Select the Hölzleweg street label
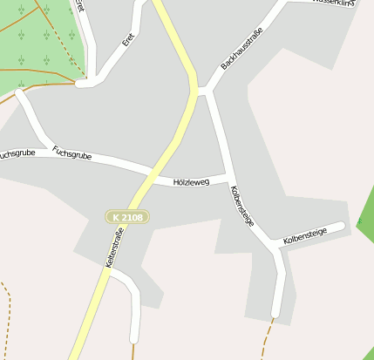click(x=192, y=182)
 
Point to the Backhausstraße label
click(x=241, y=50)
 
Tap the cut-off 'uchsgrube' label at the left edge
click(x=17, y=153)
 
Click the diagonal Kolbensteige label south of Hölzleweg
click(x=242, y=206)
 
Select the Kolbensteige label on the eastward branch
click(x=304, y=234)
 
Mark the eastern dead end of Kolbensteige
click(x=341, y=227)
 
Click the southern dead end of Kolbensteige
click(x=275, y=312)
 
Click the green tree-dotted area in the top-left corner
click(x=39, y=39)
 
